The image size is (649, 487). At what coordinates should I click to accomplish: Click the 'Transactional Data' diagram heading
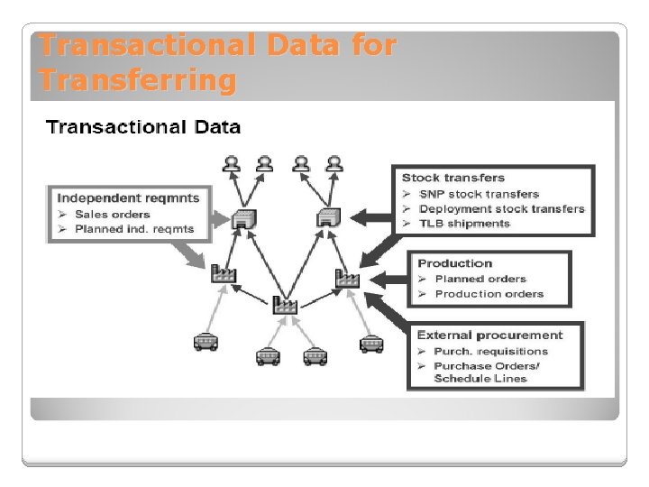click(x=143, y=126)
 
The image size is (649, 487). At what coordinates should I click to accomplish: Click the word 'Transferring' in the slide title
click(x=137, y=81)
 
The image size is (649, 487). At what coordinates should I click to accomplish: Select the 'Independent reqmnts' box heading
click(x=128, y=198)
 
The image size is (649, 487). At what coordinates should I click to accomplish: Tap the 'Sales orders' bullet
click(x=113, y=214)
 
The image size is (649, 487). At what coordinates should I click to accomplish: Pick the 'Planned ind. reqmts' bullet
click(x=133, y=229)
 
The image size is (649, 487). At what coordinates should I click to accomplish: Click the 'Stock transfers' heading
click(x=453, y=178)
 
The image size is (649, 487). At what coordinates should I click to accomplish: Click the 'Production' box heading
click(x=454, y=263)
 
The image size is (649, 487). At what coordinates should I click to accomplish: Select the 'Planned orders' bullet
click(x=480, y=279)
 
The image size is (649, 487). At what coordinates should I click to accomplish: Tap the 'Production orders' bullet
click(x=489, y=293)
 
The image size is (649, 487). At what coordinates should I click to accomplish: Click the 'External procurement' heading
click(x=489, y=335)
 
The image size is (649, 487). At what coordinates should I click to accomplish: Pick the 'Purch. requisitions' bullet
click(x=490, y=351)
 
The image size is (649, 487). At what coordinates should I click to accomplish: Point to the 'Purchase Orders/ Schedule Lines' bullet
click(x=486, y=372)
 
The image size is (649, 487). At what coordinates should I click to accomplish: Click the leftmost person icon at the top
click(x=233, y=163)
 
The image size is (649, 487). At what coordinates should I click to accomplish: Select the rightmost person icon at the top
click(x=334, y=163)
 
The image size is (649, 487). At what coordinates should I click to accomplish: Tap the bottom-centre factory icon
click(x=286, y=305)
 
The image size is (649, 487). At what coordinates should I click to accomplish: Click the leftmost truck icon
click(x=206, y=342)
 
